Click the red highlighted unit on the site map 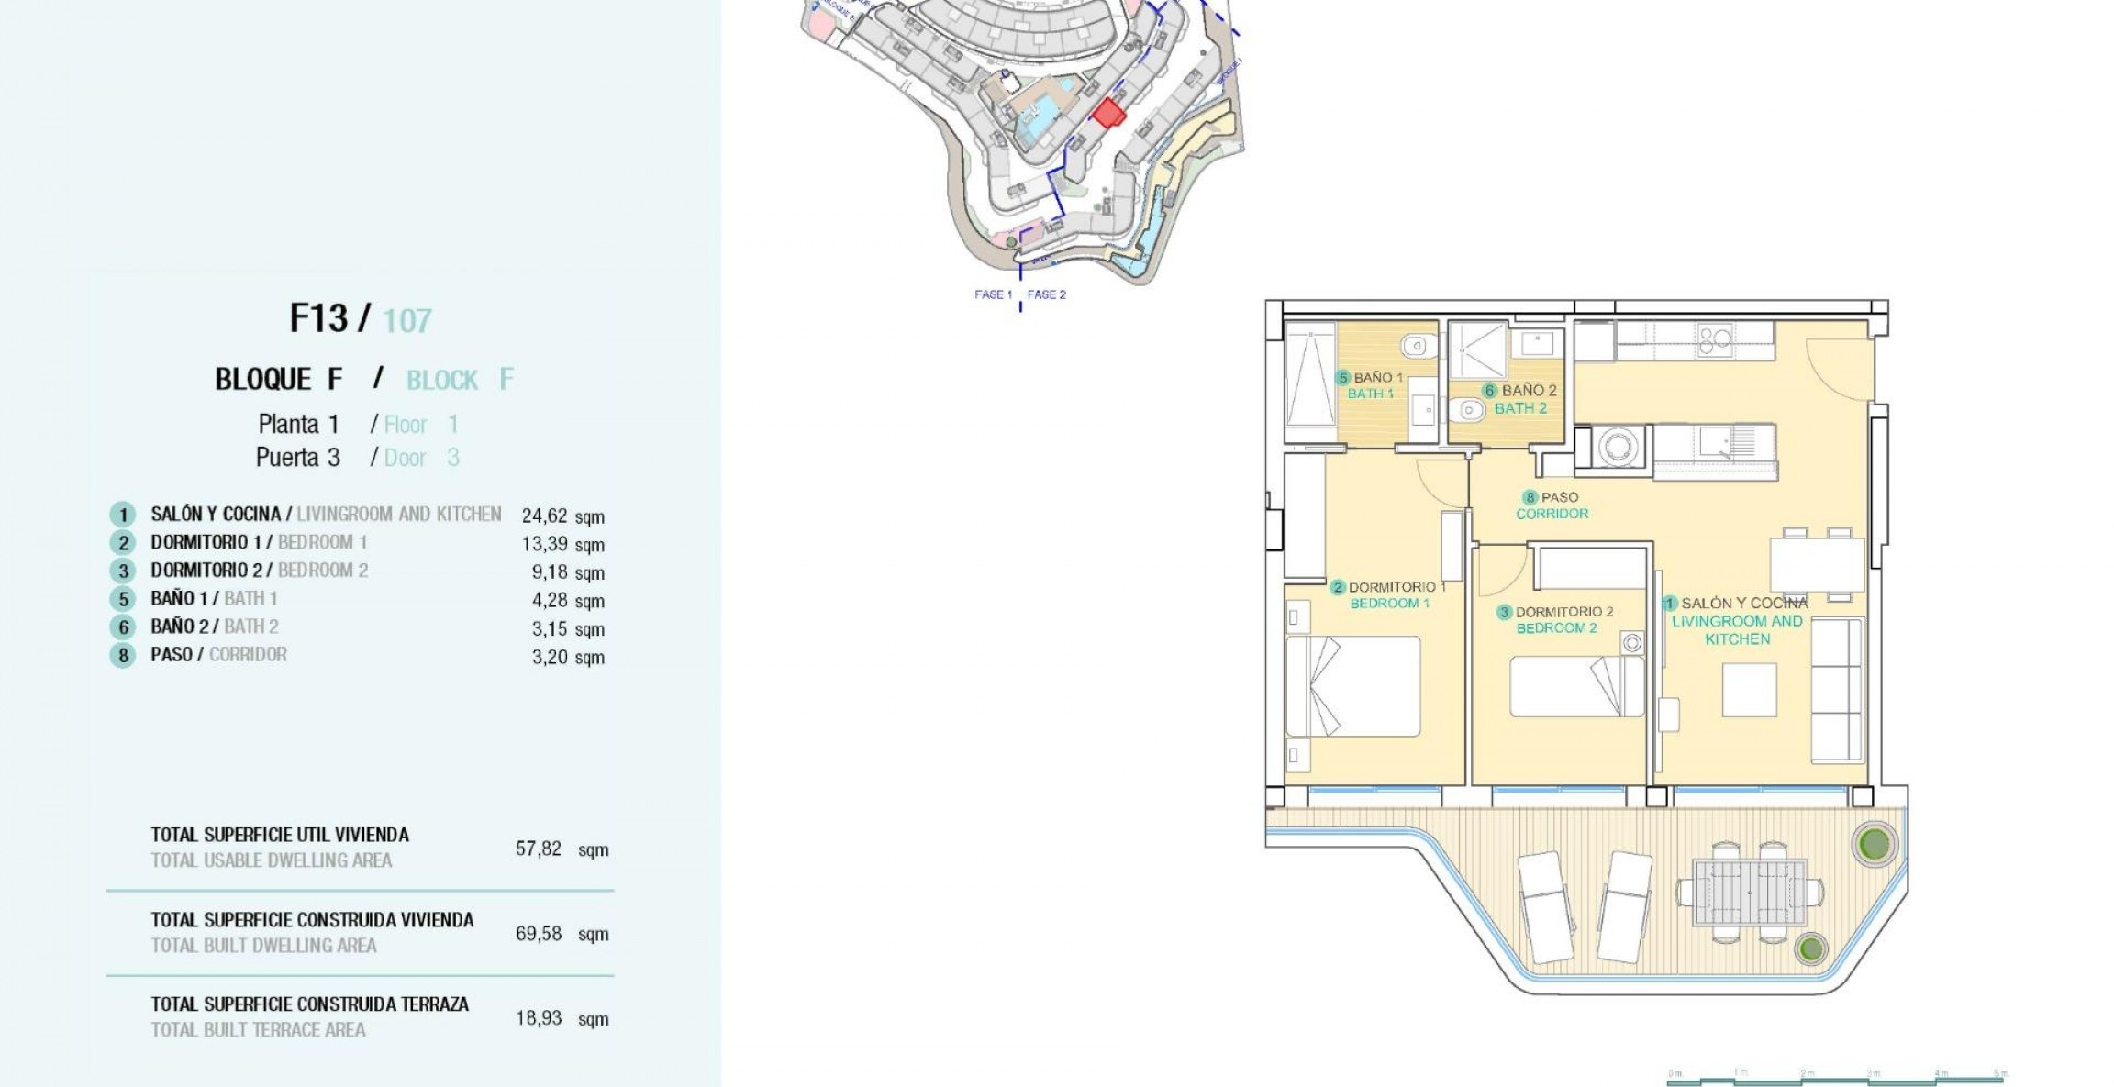(x=1108, y=113)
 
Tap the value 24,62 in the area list (x=544, y=516)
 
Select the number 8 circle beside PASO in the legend (x=123, y=656)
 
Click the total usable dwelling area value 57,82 (x=539, y=849)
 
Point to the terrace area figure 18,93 (x=539, y=1018)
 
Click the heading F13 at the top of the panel (x=318, y=318)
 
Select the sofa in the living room (x=1837, y=690)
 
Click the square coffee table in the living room (x=1749, y=690)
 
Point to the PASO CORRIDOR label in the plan (x=1552, y=505)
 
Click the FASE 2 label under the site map (x=1046, y=294)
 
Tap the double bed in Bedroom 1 (x=1353, y=686)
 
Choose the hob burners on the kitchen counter (x=1714, y=341)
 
